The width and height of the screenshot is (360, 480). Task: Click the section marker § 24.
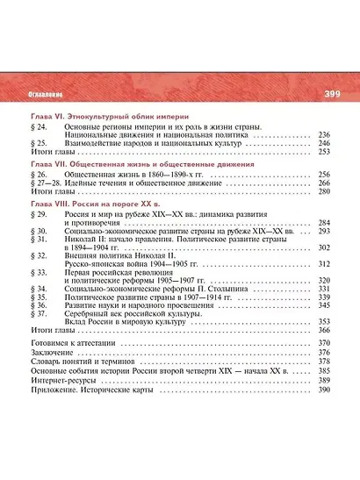(x=37, y=127)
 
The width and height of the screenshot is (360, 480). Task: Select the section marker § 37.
(x=37, y=313)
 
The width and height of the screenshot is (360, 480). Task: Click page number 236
(x=322, y=135)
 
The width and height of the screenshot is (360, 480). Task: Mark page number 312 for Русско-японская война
(x=322, y=263)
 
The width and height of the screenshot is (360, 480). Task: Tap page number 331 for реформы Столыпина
(x=322, y=289)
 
